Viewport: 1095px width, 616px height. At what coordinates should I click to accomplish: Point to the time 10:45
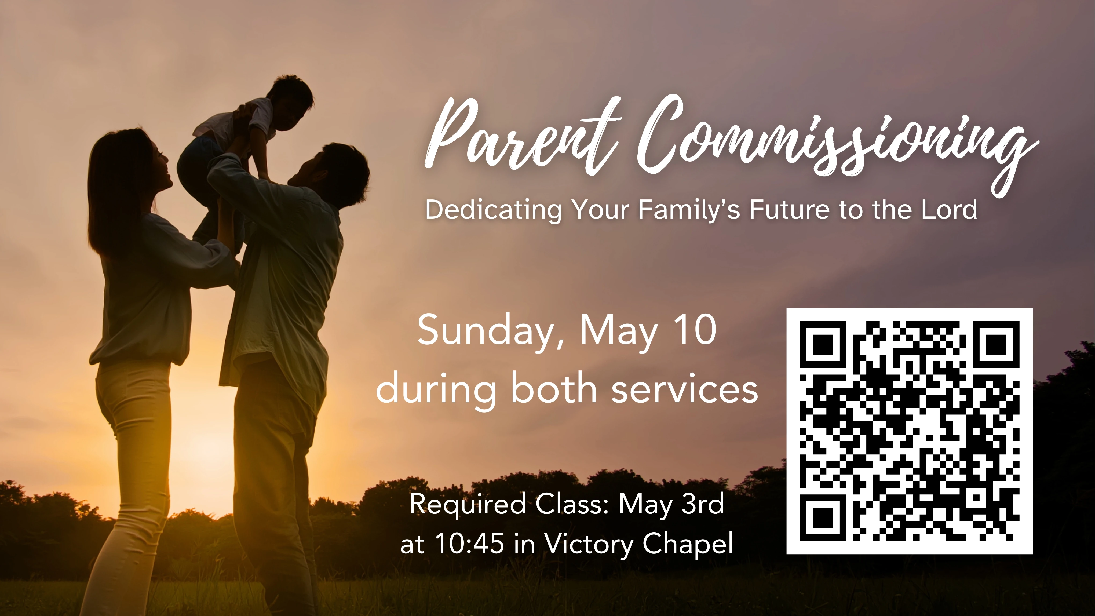click(x=470, y=544)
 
